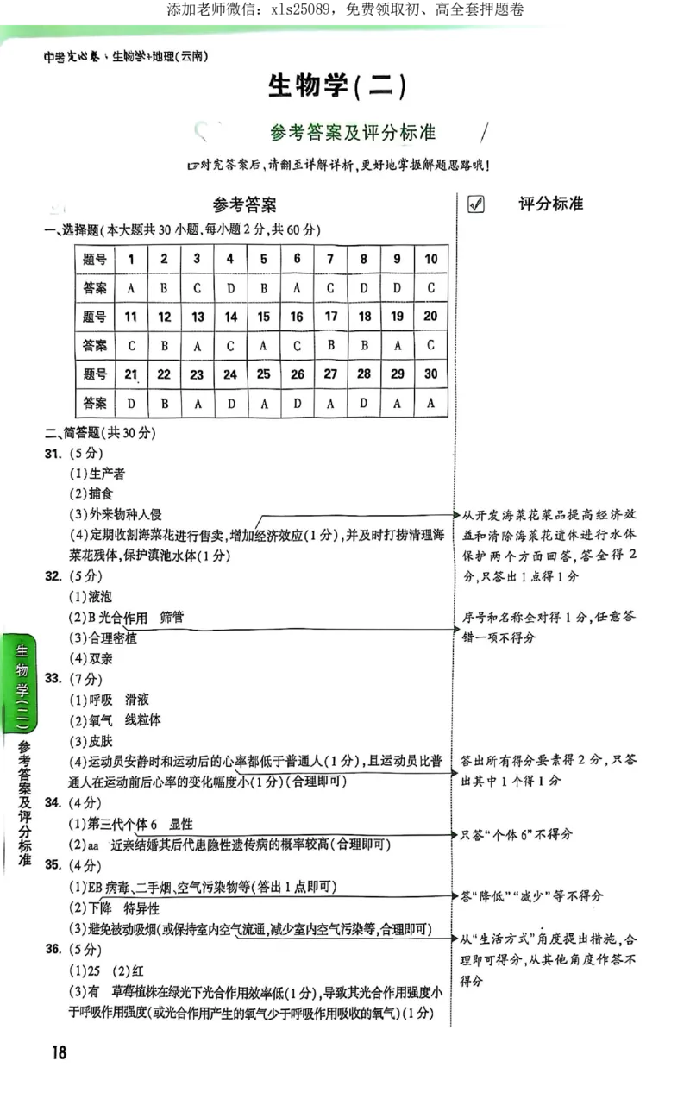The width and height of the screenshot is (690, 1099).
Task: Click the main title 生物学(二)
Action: [x=336, y=87]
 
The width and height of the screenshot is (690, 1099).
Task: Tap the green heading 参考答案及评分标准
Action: [x=352, y=132]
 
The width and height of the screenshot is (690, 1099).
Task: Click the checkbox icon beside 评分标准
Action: [x=474, y=204]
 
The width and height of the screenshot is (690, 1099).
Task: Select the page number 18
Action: [x=59, y=1052]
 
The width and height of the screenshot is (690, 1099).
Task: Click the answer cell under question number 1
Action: [x=131, y=287]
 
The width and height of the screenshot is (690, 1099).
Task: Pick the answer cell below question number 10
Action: [x=430, y=287]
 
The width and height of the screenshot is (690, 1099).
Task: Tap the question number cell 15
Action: [x=264, y=317]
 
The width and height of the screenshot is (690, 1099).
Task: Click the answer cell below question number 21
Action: [x=131, y=403]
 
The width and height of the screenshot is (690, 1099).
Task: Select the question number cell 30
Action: [x=430, y=374]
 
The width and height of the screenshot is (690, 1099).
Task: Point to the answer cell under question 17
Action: [x=330, y=345]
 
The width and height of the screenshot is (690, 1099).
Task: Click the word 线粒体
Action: [x=143, y=719]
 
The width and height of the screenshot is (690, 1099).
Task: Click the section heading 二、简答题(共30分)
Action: [x=100, y=432]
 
